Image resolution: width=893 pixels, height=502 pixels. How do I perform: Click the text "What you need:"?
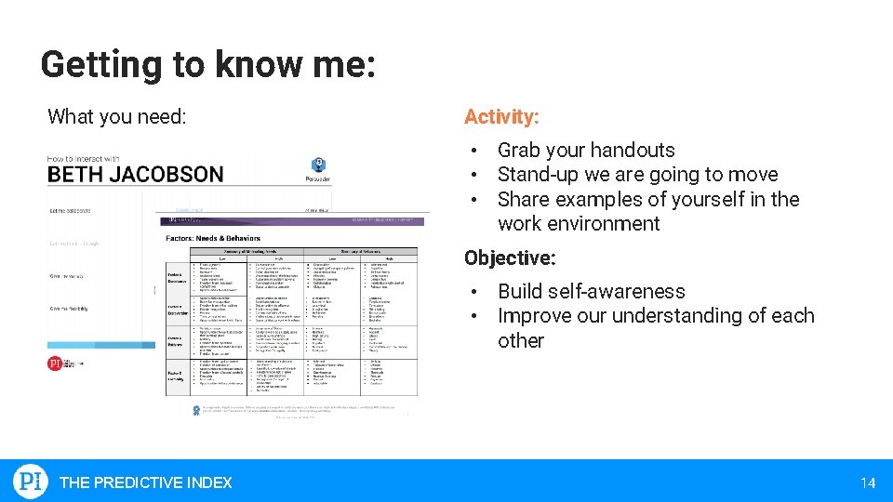(117, 117)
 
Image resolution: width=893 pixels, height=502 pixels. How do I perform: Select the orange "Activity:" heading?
(500, 117)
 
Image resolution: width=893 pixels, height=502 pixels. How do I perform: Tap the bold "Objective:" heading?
(510, 258)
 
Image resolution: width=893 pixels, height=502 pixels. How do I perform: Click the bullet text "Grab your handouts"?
(586, 150)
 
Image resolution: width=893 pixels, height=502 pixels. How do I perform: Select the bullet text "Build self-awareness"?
(591, 291)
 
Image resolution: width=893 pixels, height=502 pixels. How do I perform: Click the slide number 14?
(868, 482)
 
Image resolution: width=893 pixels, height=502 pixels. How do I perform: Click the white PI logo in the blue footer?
(31, 482)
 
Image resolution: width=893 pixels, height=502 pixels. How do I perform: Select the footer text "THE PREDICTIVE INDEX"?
(146, 482)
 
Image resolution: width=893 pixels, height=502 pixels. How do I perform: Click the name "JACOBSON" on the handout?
(167, 175)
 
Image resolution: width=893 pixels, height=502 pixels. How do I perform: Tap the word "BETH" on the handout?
(76, 175)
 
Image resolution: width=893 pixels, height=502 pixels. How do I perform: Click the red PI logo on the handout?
(57, 363)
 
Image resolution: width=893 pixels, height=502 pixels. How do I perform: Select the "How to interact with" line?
(84, 158)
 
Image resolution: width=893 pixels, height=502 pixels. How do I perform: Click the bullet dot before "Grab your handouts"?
(473, 151)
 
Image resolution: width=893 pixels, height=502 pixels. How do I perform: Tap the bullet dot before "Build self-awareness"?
(473, 292)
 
